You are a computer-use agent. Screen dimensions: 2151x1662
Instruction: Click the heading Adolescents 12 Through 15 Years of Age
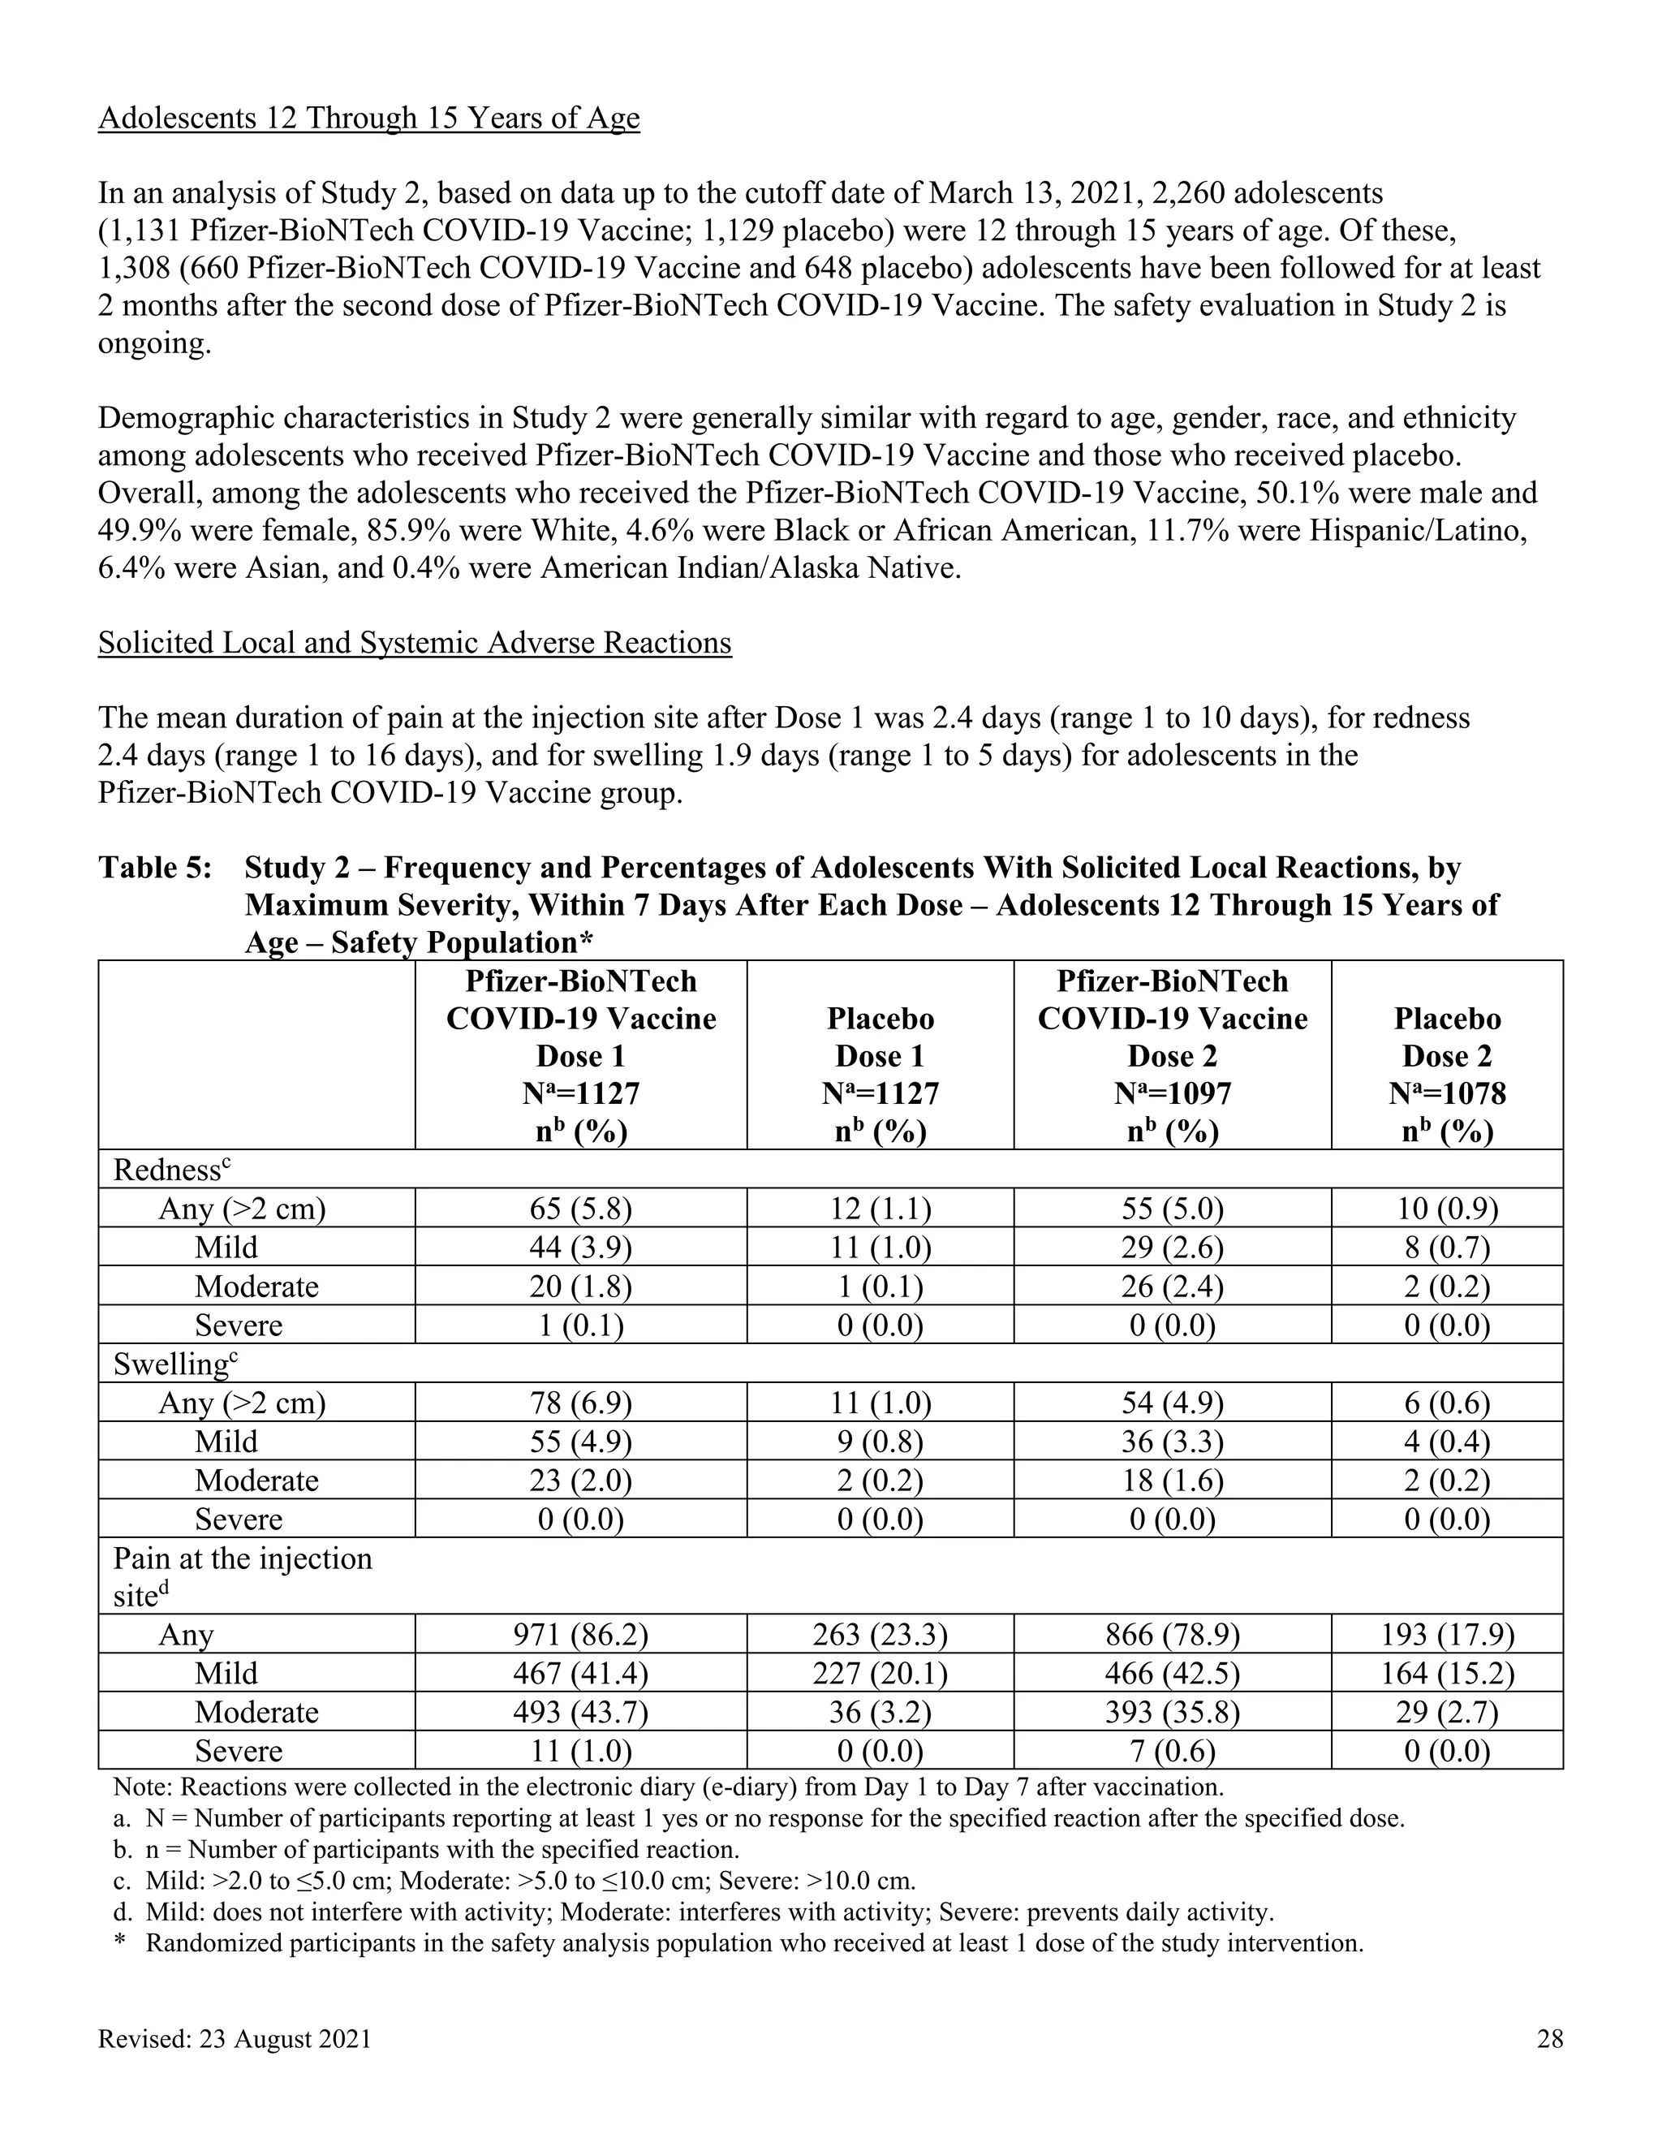click(368, 119)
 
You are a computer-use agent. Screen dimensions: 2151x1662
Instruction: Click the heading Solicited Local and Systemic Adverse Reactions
click(415, 642)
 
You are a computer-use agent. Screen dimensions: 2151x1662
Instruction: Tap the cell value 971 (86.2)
click(580, 1634)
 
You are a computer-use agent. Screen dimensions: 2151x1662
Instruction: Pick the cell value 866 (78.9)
click(1172, 1634)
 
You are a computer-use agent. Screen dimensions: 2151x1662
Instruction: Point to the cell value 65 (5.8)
click(580, 1208)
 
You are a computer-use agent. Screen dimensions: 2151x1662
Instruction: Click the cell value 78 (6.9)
click(580, 1402)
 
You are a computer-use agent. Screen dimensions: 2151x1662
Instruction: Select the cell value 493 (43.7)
click(580, 1712)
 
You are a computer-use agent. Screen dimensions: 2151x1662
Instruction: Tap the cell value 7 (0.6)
click(1172, 1750)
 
